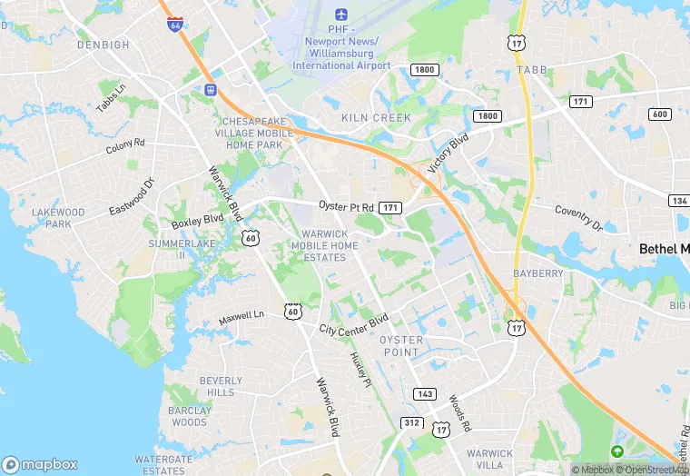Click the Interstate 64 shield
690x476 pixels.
tap(173, 23)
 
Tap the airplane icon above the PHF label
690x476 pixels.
tap(341, 15)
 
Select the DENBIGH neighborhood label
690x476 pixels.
tap(103, 45)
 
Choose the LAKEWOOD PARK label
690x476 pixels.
tap(58, 218)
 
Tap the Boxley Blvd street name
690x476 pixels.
tap(197, 221)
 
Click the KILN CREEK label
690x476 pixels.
tap(376, 118)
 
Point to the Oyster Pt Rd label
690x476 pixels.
tap(346, 206)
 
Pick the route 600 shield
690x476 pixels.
tap(660, 114)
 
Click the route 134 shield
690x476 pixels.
tap(678, 200)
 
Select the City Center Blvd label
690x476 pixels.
tap(353, 323)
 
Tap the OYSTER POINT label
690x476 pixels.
tap(401, 345)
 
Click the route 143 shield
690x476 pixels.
tap(424, 394)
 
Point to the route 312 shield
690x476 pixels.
tap(411, 423)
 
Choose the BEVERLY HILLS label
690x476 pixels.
tap(221, 386)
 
